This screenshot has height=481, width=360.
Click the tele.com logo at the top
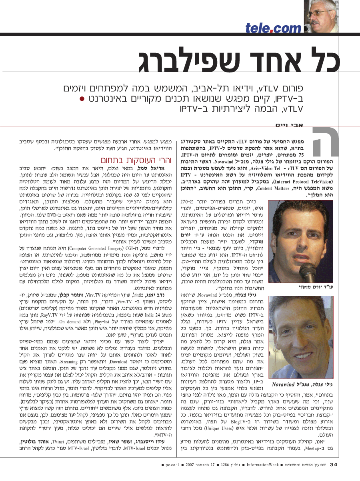click(273, 28)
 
